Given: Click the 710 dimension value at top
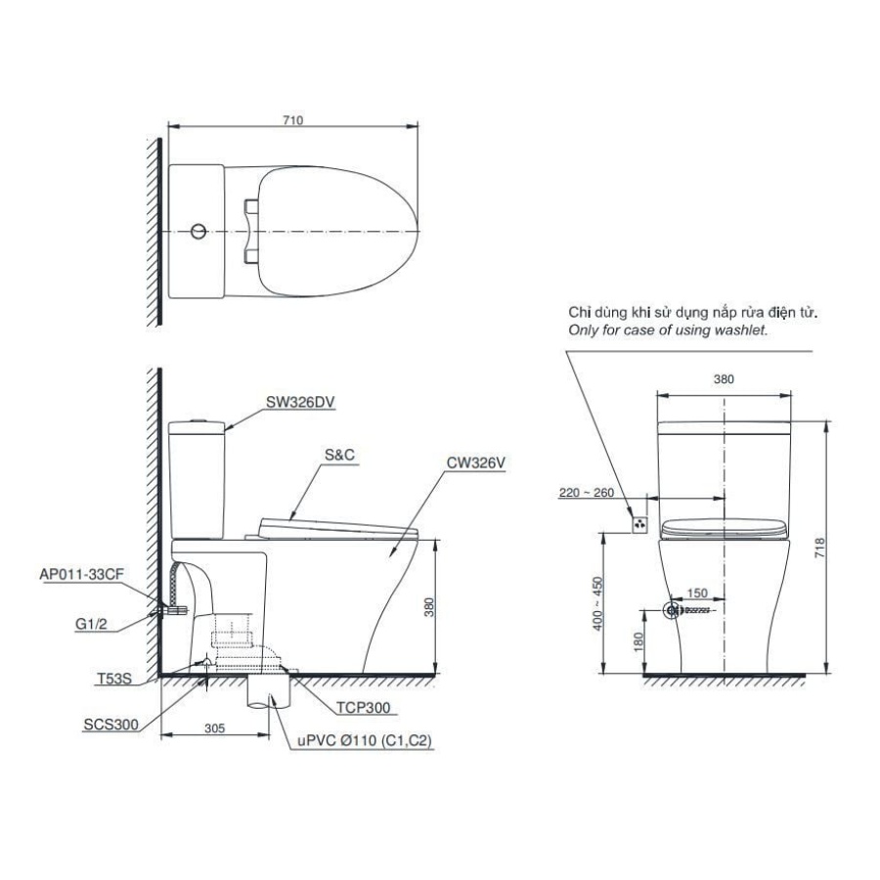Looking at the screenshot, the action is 292,120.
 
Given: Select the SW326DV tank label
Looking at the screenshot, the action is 300,402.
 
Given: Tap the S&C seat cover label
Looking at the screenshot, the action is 339,455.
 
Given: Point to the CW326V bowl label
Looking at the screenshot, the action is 476,462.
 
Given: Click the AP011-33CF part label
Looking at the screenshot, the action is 81,574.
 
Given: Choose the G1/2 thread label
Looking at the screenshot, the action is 91,624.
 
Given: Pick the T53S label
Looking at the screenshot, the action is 114,679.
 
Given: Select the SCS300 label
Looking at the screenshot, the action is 110,725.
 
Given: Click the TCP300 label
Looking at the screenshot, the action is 363,707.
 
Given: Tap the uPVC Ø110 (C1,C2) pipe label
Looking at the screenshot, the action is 365,741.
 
